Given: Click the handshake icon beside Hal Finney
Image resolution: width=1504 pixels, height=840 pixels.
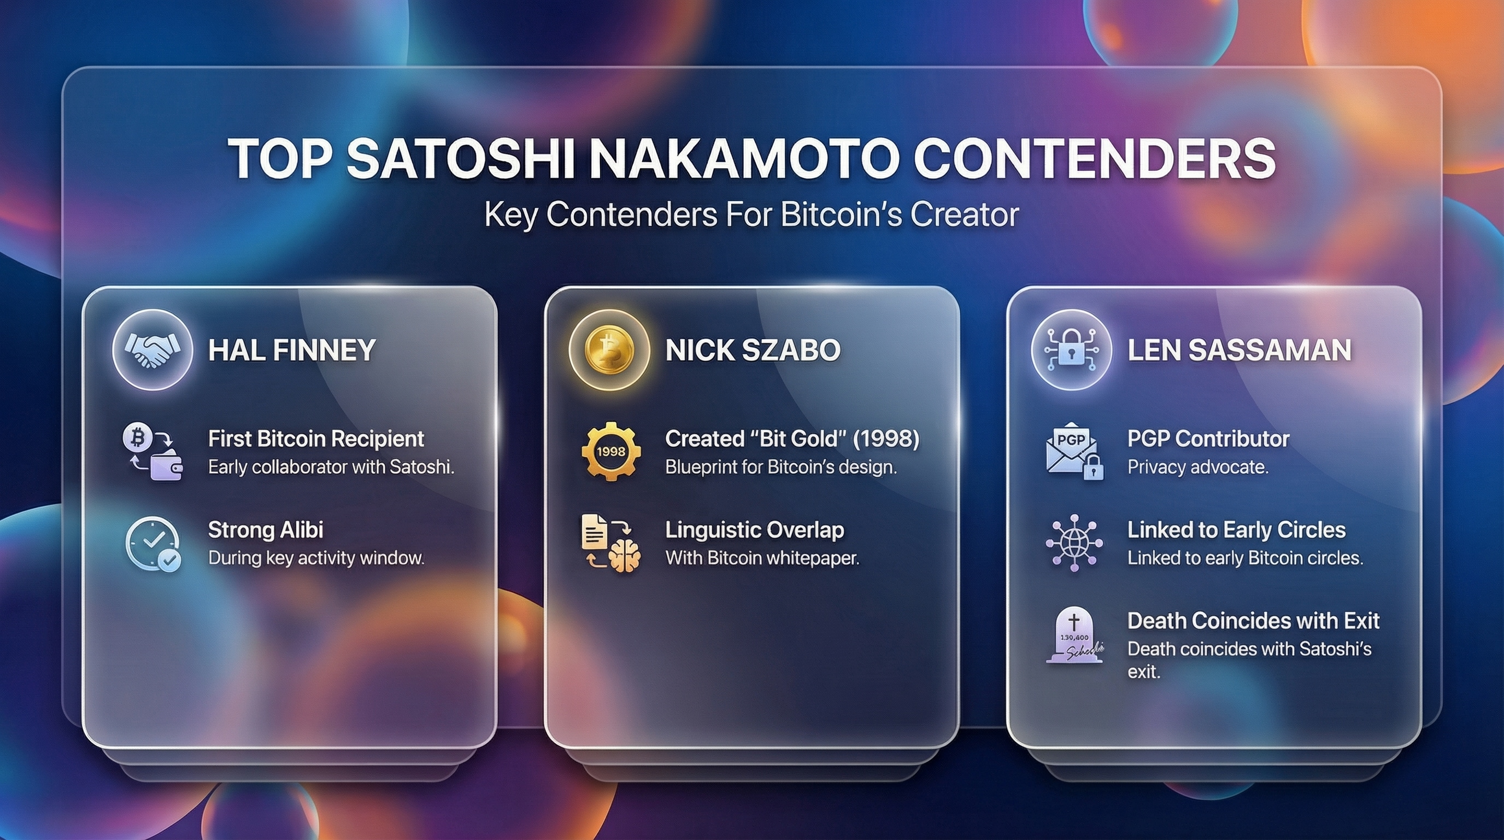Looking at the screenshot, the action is tap(152, 349).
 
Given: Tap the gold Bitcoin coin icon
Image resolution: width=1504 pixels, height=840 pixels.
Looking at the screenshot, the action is tap(609, 349).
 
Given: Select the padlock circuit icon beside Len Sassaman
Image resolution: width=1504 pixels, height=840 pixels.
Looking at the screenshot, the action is tap(1071, 349).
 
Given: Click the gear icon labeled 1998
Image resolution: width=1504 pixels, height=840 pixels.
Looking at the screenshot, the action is tap(610, 452).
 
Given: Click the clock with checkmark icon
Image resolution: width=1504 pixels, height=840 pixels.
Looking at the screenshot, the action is tap(153, 543).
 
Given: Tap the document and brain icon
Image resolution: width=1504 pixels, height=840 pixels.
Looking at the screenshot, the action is tap(610, 542).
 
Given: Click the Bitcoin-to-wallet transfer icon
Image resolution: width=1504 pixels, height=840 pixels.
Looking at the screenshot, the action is tap(152, 452).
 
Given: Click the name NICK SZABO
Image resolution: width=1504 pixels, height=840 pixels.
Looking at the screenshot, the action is tap(753, 350).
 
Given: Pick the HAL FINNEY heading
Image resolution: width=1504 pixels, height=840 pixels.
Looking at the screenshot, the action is tap(292, 350).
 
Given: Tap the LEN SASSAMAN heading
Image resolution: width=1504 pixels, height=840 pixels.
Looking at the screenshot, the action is tap(1239, 350).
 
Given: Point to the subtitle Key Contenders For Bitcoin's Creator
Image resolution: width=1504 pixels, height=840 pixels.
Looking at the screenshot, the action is tap(751, 215).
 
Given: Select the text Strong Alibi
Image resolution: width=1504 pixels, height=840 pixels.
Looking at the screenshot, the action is tap(266, 530).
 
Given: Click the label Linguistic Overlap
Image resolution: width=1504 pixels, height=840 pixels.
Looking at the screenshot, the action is tap(754, 530).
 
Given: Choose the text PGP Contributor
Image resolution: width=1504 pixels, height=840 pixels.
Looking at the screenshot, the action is tap(1208, 439).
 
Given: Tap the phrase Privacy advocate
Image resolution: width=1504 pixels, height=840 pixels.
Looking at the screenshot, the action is tap(1197, 468).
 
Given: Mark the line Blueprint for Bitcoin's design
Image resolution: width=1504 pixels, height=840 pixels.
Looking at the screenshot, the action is tap(780, 468).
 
